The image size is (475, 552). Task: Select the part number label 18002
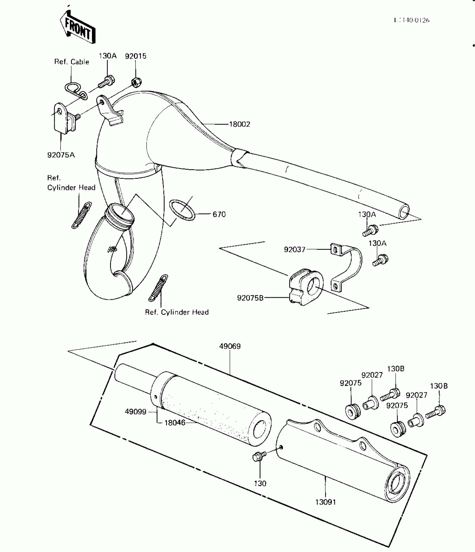click(239, 124)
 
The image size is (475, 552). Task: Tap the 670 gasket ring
click(182, 210)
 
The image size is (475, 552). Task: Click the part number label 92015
click(136, 56)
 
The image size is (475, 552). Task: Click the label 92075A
click(61, 155)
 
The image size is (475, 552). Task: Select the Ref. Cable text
click(72, 62)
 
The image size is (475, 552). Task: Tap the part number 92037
click(294, 249)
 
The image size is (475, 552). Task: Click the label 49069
click(230, 346)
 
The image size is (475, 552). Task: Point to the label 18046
click(175, 423)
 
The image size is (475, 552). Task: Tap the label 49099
click(136, 412)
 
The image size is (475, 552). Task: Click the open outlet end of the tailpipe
click(403, 212)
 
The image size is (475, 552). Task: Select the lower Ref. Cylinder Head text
click(177, 312)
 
